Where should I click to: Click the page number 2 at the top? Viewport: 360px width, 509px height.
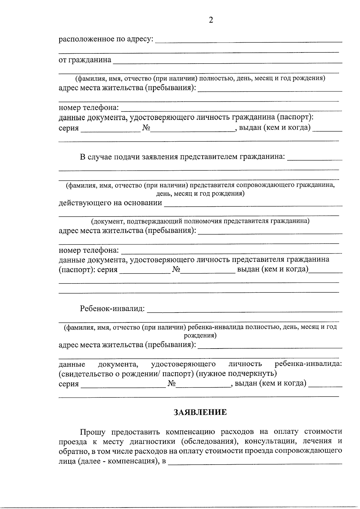tap(211, 20)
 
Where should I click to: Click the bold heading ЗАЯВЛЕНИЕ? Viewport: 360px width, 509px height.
tap(200, 412)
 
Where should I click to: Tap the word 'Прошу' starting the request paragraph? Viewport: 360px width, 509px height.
tap(92, 432)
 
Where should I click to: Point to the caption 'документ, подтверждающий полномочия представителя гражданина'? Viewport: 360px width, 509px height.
tap(200, 221)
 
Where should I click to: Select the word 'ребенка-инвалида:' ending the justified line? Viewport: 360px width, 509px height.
tap(308, 364)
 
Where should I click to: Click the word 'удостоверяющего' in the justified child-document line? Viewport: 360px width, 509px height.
tap(183, 364)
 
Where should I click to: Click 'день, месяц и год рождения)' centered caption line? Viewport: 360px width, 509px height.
tap(200, 194)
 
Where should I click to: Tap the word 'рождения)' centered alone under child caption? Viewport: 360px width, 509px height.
tap(200, 335)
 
